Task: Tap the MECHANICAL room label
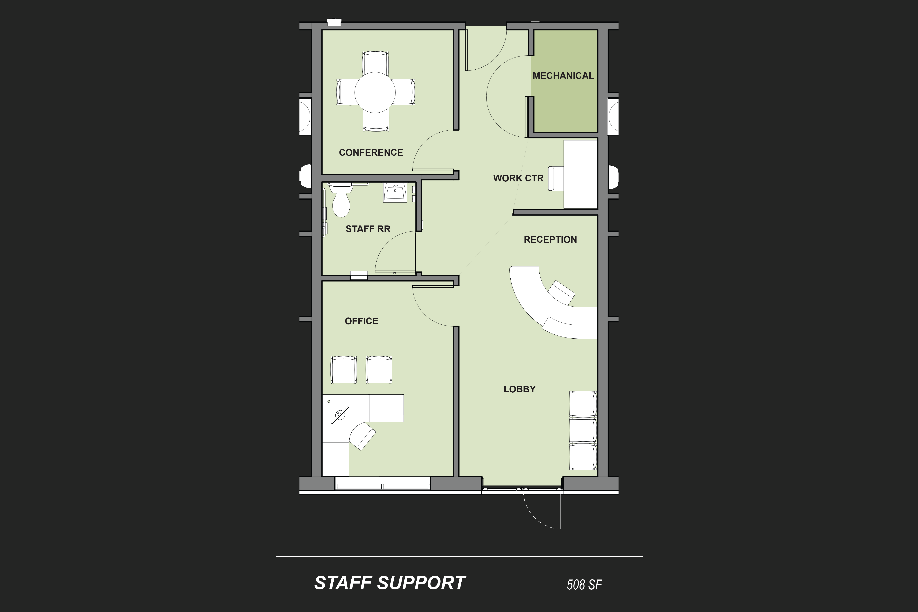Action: click(x=563, y=76)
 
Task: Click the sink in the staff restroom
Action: click(x=395, y=192)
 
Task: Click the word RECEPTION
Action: click(x=550, y=240)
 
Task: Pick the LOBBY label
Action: click(x=520, y=389)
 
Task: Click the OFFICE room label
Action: click(x=362, y=321)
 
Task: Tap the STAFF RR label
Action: click(x=368, y=229)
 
